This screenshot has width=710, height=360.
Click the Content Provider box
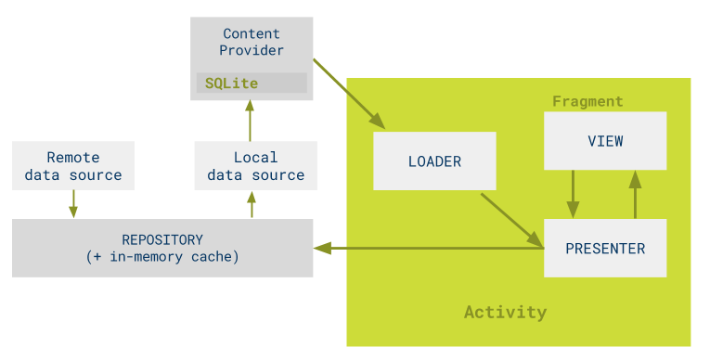(252, 43)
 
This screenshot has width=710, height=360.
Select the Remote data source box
(73, 166)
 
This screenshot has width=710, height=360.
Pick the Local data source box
(255, 166)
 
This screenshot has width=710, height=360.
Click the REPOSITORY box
(162, 248)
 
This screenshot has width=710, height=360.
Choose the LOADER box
(434, 161)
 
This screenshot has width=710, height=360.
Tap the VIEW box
(605, 141)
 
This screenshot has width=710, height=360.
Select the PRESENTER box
(605, 248)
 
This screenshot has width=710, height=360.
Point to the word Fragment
(587, 101)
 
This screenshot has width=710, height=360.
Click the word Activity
(505, 312)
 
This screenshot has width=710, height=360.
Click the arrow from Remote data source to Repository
(73, 204)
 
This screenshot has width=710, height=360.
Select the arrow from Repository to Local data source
(252, 204)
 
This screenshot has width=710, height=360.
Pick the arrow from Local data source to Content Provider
(250, 121)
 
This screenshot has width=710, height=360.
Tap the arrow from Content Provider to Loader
(349, 93)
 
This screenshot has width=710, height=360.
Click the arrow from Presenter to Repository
(427, 248)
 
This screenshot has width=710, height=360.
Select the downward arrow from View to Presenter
(573, 194)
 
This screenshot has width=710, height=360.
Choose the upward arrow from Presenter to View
(636, 194)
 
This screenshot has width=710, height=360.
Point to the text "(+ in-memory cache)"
(162, 257)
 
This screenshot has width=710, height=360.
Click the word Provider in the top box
(252, 50)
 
